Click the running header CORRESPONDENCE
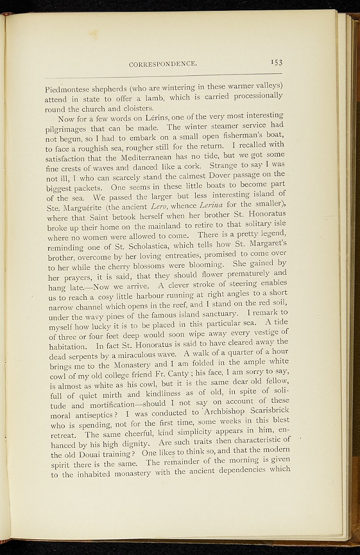pos(162,64)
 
